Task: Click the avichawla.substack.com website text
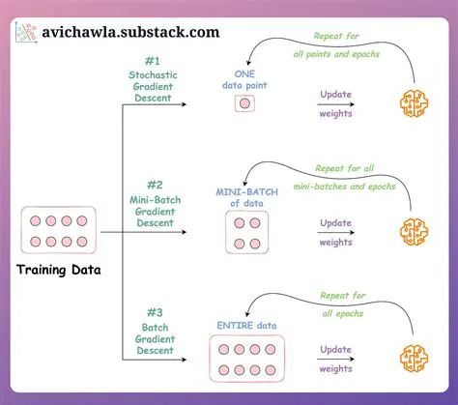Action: pos(129,31)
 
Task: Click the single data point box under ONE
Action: pos(244,103)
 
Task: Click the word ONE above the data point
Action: pos(244,73)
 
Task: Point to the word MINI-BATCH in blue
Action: pos(243,191)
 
